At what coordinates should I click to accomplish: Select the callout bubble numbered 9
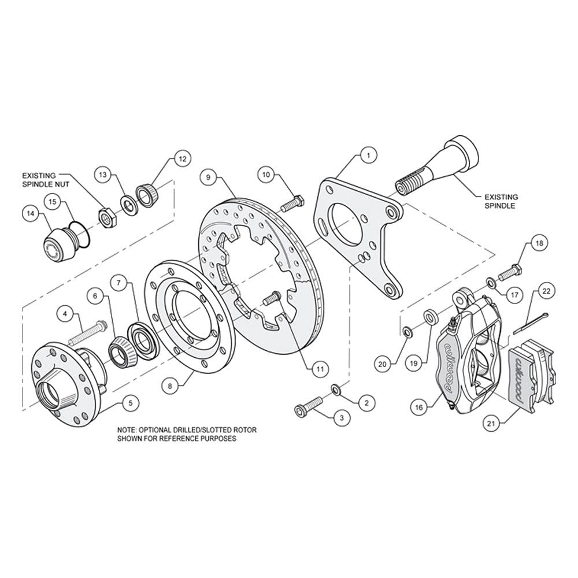coord(209,177)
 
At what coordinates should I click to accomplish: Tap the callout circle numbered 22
coord(546,291)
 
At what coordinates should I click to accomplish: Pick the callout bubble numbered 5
coord(130,403)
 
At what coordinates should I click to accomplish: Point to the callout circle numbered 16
coord(420,407)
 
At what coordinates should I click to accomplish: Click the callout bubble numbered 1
coord(368,155)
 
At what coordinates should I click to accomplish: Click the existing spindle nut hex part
coord(108,218)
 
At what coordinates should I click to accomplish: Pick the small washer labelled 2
coord(336,388)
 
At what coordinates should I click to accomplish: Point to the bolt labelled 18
coord(510,273)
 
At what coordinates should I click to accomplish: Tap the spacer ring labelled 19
coord(430,317)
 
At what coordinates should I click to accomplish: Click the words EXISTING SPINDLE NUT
coord(46,180)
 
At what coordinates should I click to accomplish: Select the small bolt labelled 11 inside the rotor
coord(272,298)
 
